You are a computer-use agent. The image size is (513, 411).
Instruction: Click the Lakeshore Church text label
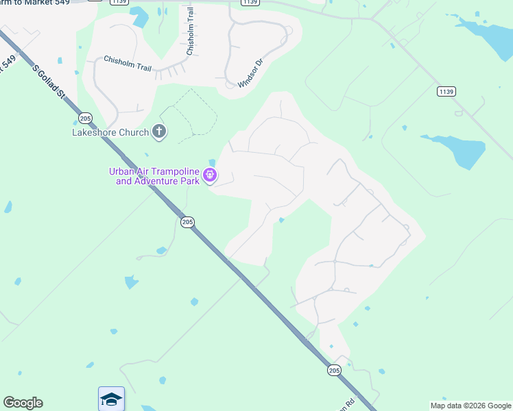111,132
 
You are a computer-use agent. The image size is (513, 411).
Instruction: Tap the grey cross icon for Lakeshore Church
159,132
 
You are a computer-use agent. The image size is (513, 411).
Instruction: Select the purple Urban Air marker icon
211,175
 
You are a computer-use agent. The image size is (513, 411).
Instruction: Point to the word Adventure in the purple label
156,181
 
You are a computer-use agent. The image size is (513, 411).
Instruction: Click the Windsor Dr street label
250,73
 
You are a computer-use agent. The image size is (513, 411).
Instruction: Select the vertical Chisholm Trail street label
191,33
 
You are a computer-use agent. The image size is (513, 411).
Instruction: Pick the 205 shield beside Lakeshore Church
85,117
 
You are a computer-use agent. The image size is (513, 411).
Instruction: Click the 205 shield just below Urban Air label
187,222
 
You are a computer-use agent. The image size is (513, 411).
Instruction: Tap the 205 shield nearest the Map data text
334,370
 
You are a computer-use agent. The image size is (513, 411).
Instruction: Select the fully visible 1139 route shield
446,91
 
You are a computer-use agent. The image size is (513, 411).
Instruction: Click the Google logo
23,403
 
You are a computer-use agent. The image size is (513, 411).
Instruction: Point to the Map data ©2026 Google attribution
470,406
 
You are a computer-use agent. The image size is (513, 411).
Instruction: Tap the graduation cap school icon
111,399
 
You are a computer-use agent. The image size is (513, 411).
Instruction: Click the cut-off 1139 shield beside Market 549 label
119,2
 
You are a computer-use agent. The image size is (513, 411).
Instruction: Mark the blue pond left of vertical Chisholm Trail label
140,16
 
